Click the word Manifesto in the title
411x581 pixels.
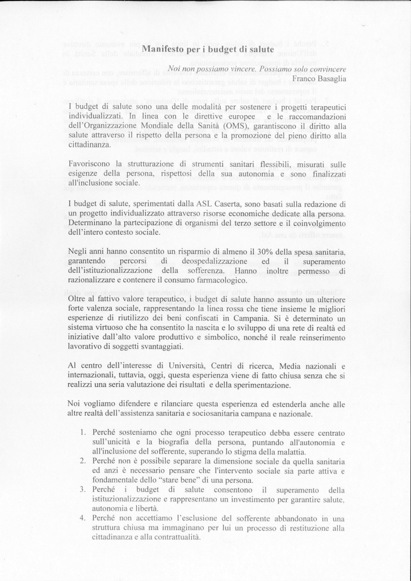[x=162, y=49]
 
